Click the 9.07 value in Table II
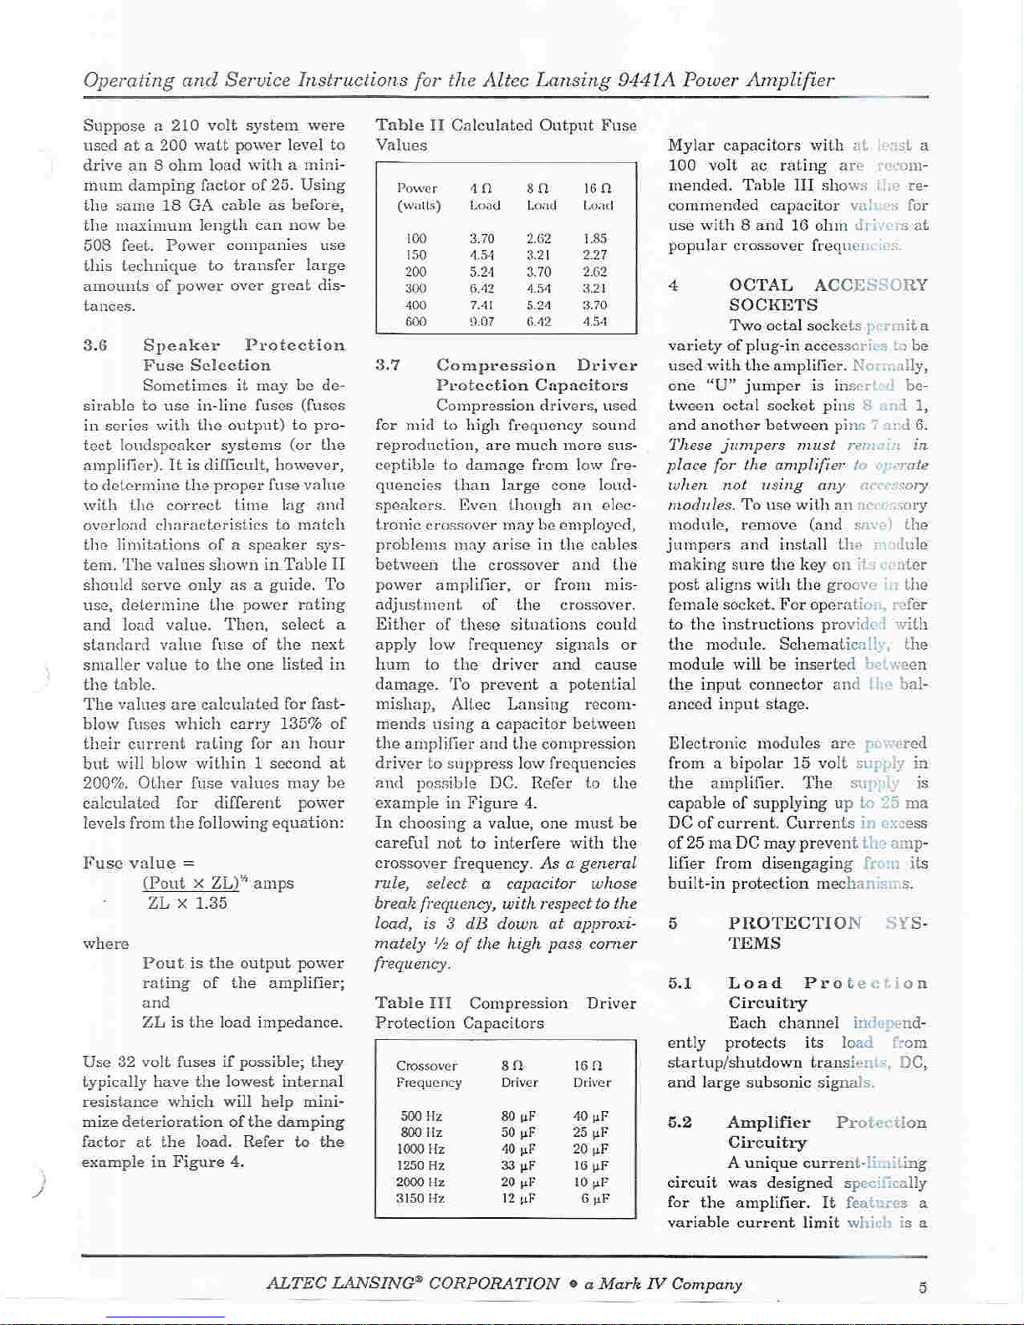click(481, 321)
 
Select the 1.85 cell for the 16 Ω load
click(594, 238)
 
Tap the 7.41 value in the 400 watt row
click(481, 305)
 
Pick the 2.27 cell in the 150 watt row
click(594, 255)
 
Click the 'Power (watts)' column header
click(418, 196)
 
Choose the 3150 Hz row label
click(420, 1198)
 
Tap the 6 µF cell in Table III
click(595, 1198)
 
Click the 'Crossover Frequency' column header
click(428, 1074)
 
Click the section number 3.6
click(95, 345)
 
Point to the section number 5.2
click(680, 1123)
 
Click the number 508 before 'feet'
click(98, 246)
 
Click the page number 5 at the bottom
click(922, 1288)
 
